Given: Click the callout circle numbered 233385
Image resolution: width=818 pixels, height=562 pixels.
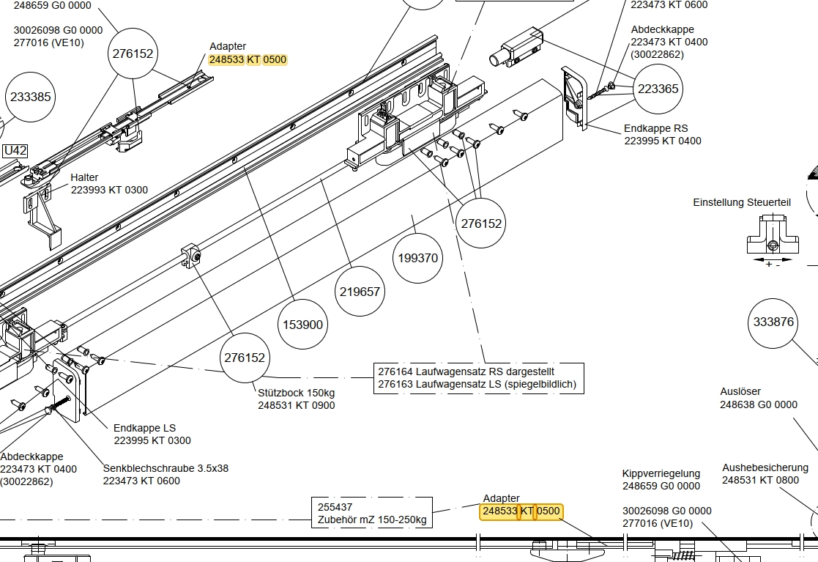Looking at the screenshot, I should click(x=31, y=96).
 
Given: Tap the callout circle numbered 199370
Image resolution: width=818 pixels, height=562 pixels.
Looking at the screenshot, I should click(x=417, y=258).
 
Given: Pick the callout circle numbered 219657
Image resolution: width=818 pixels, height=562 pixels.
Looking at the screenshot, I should click(x=360, y=291).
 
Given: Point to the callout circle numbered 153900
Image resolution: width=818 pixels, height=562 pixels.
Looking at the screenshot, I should click(x=302, y=325).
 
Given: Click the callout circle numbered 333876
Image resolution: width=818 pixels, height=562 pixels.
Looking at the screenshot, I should click(x=773, y=322).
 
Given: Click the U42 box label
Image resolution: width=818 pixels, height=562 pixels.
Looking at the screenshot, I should click(x=15, y=151).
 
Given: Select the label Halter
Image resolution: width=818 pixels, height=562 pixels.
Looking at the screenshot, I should click(x=84, y=178).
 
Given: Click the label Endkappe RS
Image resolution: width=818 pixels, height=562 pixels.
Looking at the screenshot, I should click(x=655, y=128).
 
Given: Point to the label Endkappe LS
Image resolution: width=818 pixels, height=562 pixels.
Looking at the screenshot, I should click(x=144, y=428).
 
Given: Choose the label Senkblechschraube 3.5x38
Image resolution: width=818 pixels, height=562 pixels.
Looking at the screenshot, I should click(x=166, y=468).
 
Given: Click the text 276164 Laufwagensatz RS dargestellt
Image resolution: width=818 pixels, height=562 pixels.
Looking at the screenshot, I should click(x=466, y=371).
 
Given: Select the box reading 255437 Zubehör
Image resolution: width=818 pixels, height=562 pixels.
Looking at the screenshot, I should click(x=371, y=513).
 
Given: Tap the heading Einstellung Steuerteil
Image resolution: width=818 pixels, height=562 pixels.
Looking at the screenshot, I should click(x=742, y=202).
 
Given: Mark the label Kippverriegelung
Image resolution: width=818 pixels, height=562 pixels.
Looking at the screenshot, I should click(x=661, y=473).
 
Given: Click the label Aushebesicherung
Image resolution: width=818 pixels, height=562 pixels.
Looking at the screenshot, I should click(x=765, y=467).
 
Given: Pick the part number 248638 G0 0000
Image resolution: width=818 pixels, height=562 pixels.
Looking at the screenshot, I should click(x=758, y=404).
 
